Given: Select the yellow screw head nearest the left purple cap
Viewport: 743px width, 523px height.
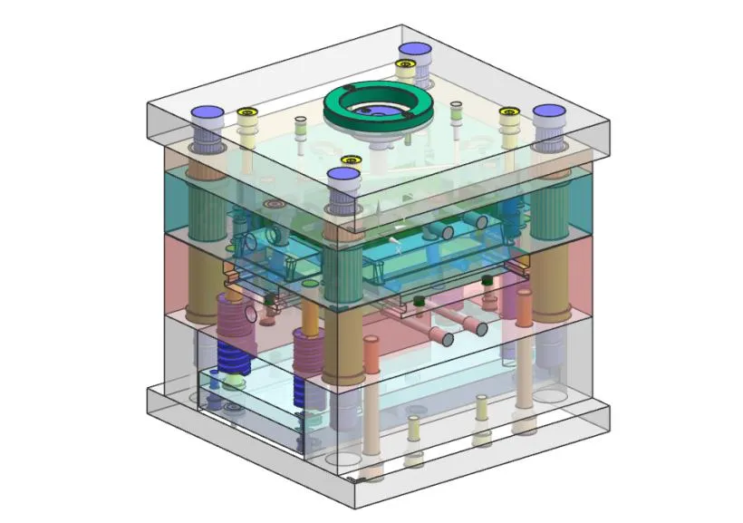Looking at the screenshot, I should pos(247,113).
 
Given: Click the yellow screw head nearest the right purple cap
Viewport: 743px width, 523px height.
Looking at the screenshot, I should pos(509,113).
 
